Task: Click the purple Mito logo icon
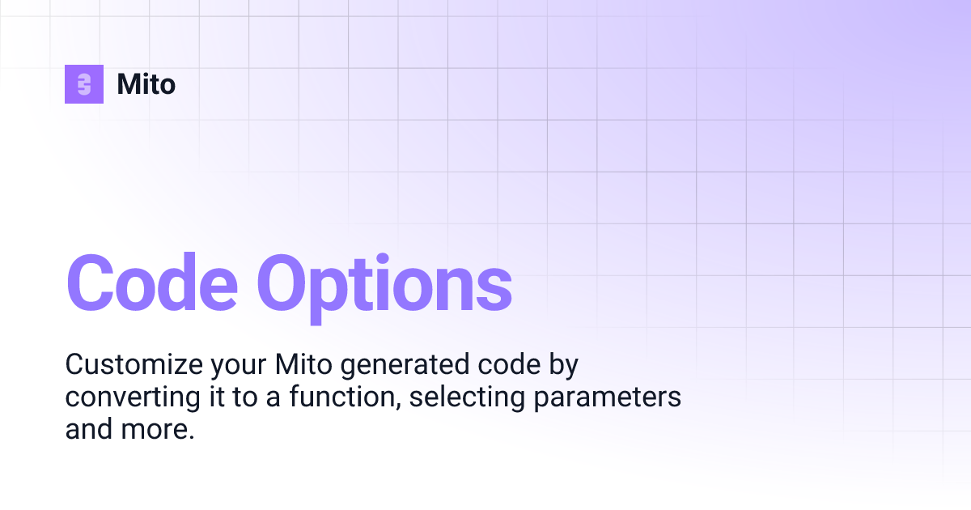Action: click(84, 84)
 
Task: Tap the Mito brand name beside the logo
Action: click(146, 84)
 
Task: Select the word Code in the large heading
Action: click(152, 283)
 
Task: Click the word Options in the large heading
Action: click(384, 283)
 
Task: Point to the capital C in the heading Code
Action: click(91, 283)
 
